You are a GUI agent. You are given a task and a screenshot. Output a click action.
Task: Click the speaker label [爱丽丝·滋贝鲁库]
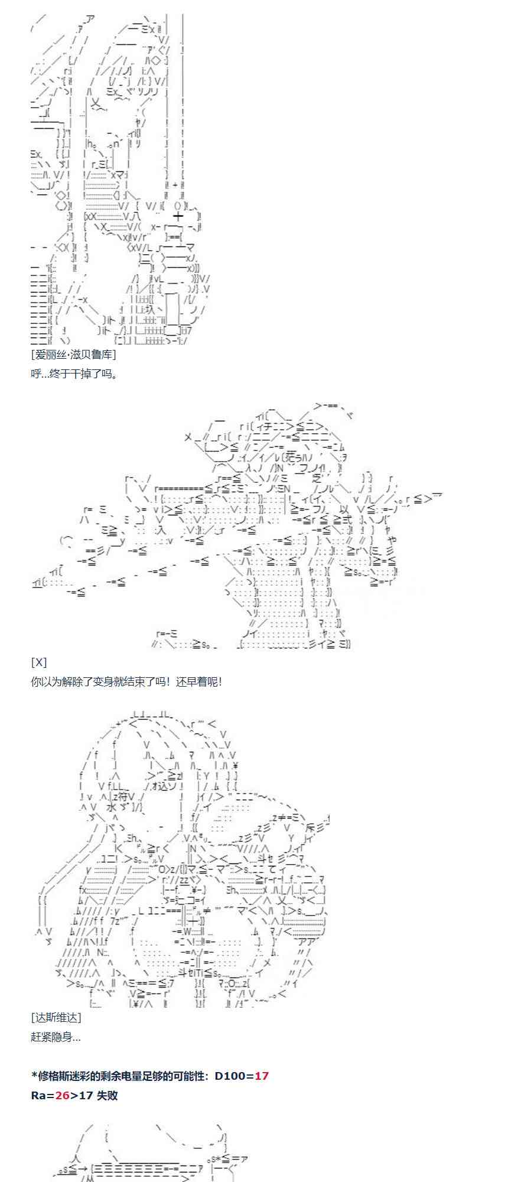[x=73, y=354]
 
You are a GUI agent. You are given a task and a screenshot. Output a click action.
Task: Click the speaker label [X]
[x=38, y=662]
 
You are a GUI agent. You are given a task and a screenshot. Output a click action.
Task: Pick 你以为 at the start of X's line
[x=47, y=681]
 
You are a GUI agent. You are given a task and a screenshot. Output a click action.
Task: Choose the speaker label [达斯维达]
[x=56, y=1017]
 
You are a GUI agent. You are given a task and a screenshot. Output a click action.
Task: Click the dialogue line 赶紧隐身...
[x=56, y=1037]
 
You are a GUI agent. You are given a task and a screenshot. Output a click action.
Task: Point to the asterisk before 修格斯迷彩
[x=34, y=1076]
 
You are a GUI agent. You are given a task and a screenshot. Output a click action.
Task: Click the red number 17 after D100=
[x=262, y=1076]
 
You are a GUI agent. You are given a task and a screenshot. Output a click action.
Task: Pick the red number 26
[x=62, y=1095]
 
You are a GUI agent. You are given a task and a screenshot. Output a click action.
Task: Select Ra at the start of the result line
[x=38, y=1095]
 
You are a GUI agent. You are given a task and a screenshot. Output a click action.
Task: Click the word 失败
[x=107, y=1095]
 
